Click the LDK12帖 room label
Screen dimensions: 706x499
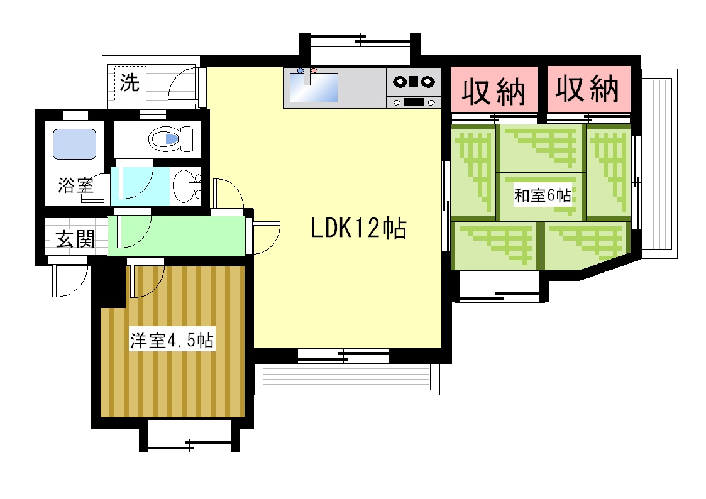tap(358, 228)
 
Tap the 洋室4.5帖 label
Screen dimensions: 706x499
tap(172, 340)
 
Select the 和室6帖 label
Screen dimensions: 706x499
tap(543, 195)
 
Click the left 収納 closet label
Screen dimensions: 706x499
tap(494, 91)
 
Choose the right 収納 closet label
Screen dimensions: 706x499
tap(587, 89)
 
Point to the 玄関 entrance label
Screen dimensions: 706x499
tap(75, 239)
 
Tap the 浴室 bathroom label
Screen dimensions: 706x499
tap(75, 185)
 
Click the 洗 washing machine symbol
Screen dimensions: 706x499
tap(130, 84)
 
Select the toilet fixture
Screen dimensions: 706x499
tap(170, 139)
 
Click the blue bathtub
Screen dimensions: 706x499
tap(74, 144)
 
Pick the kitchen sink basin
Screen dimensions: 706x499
tap(313, 87)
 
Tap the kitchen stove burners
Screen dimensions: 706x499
tap(413, 82)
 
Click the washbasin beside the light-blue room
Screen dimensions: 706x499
tap(186, 186)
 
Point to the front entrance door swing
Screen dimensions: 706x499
tap(69, 280)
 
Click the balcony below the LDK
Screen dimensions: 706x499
tap(346, 378)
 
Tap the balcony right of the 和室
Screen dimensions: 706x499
tap(659, 163)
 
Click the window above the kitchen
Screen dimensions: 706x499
tap(360, 48)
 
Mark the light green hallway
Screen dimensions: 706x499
tap(177, 235)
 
